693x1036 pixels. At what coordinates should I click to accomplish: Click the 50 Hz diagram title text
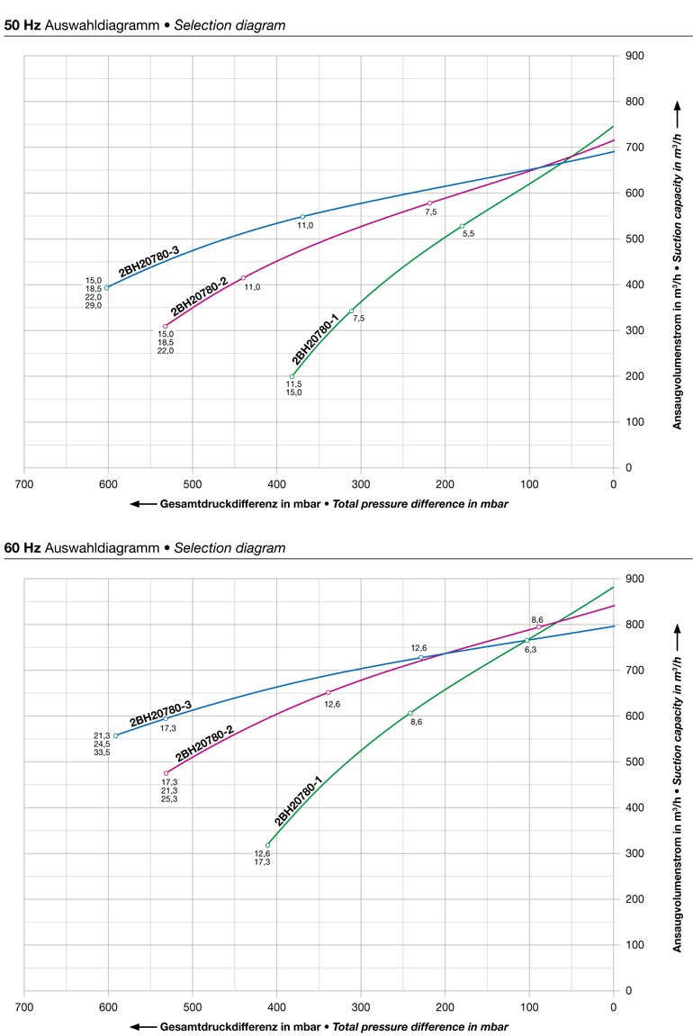point(145,25)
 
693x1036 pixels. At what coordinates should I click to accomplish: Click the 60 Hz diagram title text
point(145,547)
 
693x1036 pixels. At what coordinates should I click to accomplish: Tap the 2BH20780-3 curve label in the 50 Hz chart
point(149,259)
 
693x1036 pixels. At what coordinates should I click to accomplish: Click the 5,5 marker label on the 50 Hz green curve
point(468,234)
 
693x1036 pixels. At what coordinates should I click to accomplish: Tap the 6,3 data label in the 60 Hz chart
point(530,649)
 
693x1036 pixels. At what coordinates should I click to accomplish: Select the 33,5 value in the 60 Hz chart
point(102,752)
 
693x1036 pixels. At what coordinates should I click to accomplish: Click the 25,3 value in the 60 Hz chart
point(169,774)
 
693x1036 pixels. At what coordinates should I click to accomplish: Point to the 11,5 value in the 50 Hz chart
point(294,384)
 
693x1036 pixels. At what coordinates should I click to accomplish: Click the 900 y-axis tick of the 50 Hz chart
point(634,56)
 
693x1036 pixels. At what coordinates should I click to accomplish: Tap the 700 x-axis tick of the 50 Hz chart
point(24,483)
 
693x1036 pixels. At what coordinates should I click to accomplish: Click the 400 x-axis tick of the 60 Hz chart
point(277,1006)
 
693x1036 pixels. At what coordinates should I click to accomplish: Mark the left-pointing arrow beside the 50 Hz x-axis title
point(143,504)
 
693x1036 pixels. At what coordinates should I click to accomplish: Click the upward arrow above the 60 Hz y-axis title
point(678,629)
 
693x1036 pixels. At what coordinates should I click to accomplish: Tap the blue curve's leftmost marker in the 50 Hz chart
point(106,287)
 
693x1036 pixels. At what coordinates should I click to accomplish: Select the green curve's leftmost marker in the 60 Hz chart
point(267,845)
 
